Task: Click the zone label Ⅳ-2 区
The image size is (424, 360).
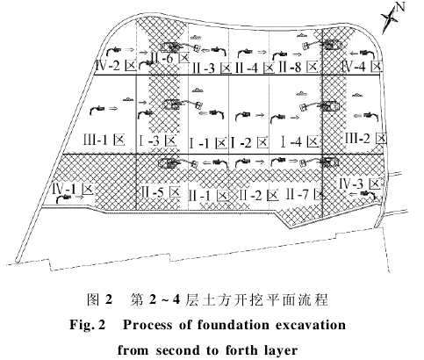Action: pyautogui.click(x=116, y=66)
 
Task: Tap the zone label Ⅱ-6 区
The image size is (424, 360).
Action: pyautogui.click(x=170, y=58)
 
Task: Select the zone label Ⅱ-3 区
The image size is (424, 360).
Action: pyautogui.click(x=212, y=68)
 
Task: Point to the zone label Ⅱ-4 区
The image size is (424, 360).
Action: pyautogui.click(x=255, y=68)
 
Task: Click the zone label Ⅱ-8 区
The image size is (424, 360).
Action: pyautogui.click(x=298, y=67)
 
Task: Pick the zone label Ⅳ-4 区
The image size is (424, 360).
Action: pyautogui.click(x=362, y=67)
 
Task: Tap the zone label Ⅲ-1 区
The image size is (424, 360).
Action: pyautogui.click(x=104, y=140)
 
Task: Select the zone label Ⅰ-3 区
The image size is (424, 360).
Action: pyautogui.click(x=158, y=141)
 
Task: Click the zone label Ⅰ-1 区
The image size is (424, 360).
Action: pyautogui.click(x=208, y=143)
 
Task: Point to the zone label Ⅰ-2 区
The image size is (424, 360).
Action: pyautogui.click(x=249, y=143)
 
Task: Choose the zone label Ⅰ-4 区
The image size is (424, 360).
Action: pyautogui.click(x=299, y=142)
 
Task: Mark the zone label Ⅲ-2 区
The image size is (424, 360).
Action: pyautogui.click(x=365, y=138)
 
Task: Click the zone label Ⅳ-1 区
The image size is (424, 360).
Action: pyautogui.click(x=73, y=190)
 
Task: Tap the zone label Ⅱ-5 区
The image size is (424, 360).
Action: pyautogui.click(x=160, y=193)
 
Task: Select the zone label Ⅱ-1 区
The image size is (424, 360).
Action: pyautogui.click(x=209, y=196)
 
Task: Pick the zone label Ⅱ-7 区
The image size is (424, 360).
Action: pyautogui.click(x=305, y=194)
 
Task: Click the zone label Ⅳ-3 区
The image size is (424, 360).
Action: pyautogui.click(x=361, y=184)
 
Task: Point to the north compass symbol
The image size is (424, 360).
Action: pyautogui.click(x=392, y=17)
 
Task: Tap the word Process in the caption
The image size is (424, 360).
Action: pyautogui.click(x=147, y=325)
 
